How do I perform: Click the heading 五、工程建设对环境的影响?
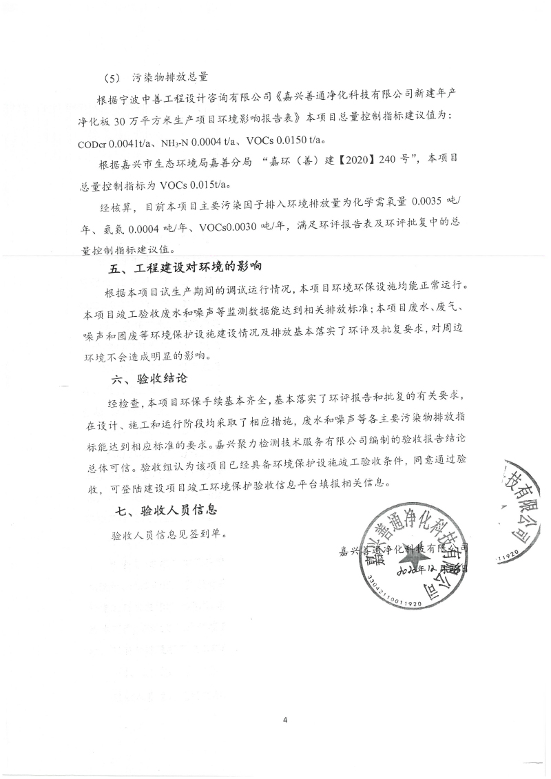coord(186,268)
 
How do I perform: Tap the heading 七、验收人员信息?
coord(165,511)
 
